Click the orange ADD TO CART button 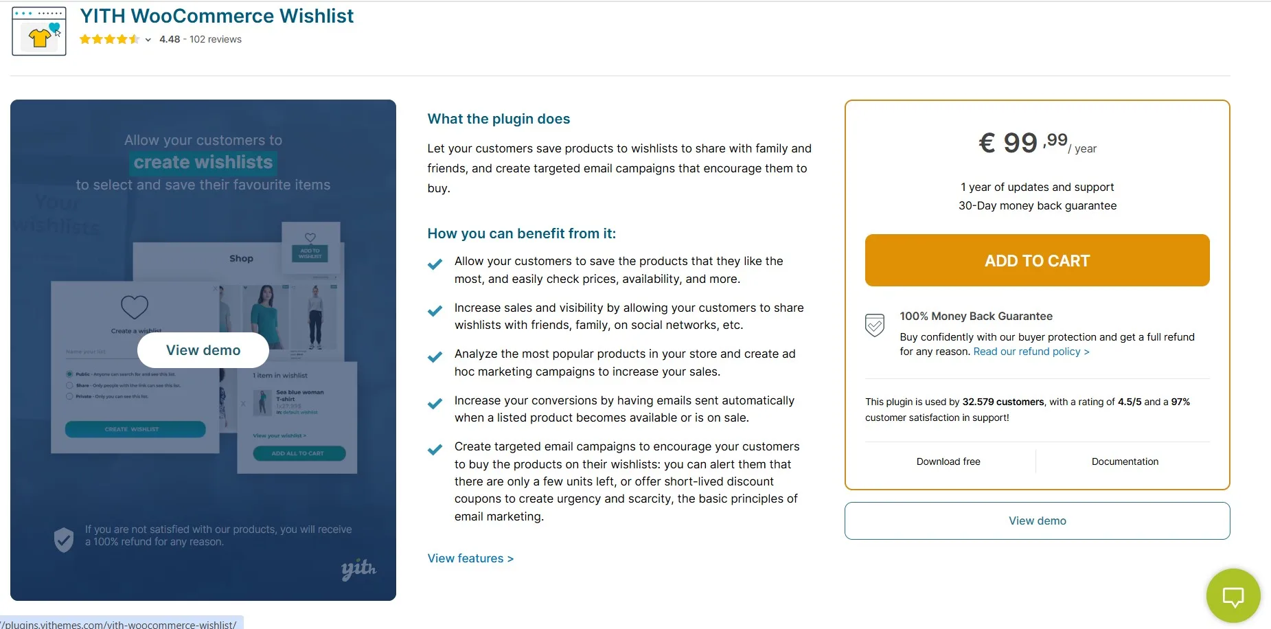(x=1037, y=260)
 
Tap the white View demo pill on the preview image (x=203, y=350)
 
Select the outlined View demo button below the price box (x=1037, y=521)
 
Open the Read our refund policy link (x=1031, y=352)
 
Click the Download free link (x=948, y=461)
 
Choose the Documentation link (x=1125, y=461)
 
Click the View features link (x=470, y=558)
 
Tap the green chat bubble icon (x=1233, y=596)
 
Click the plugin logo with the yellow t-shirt (x=39, y=32)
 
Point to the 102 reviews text (x=216, y=39)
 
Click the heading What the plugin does (x=499, y=119)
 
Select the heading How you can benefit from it (x=521, y=233)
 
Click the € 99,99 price (x=1023, y=143)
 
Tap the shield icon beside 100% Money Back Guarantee (x=874, y=325)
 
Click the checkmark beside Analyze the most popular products (x=435, y=357)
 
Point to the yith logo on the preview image (x=358, y=569)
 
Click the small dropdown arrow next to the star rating (x=148, y=40)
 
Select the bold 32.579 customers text (x=1003, y=402)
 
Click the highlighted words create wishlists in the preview (x=203, y=162)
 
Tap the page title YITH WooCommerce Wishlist (x=216, y=16)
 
